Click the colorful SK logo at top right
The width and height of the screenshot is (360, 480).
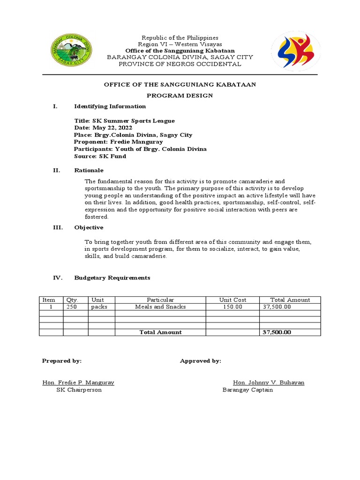(296, 51)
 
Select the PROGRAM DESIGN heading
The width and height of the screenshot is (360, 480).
(180, 96)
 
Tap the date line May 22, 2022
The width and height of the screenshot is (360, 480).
(103, 127)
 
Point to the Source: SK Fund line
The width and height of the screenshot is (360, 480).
(100, 156)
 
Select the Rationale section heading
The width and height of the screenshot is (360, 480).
(89, 170)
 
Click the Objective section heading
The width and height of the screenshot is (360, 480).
(89, 227)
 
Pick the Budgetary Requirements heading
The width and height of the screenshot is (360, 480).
(112, 278)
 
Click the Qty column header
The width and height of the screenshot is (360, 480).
(71, 300)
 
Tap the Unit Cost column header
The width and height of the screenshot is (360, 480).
(232, 300)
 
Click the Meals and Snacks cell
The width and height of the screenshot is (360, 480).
(160, 307)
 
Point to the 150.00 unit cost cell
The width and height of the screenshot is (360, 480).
(232, 307)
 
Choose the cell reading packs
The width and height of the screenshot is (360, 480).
(99, 307)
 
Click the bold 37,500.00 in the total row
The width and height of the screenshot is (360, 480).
(277, 332)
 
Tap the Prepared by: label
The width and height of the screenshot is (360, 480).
(62, 361)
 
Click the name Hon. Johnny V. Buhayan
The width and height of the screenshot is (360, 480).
(269, 382)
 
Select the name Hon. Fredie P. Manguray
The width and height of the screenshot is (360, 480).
(78, 382)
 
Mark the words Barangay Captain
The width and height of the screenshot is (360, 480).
(247, 390)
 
